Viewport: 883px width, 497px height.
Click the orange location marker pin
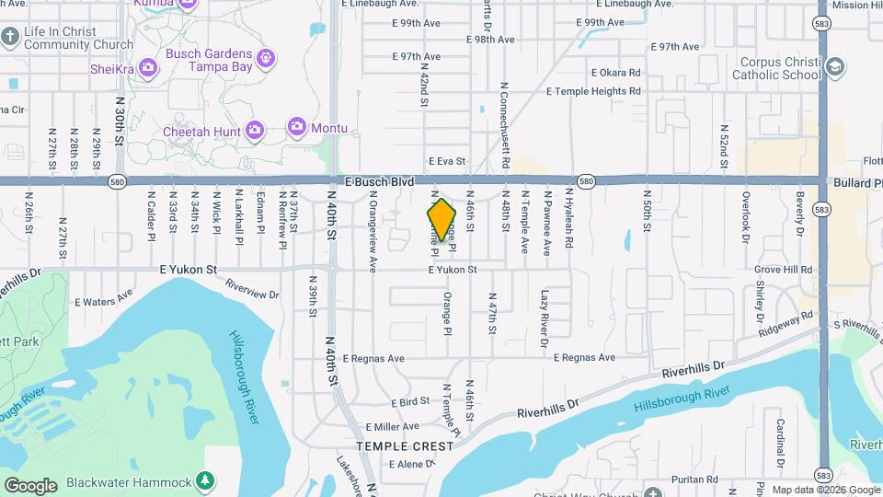[x=441, y=220]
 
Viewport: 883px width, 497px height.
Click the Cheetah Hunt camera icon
[x=256, y=131]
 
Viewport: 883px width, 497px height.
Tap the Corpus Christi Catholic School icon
[x=834, y=66]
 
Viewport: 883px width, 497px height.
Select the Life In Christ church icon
[x=10, y=38]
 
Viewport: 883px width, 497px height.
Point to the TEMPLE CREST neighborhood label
[x=405, y=445]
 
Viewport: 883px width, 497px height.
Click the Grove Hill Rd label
[x=783, y=271]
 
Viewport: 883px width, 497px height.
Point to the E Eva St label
[x=447, y=161]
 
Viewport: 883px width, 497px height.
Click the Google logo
[x=30, y=485]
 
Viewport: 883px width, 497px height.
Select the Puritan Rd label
[x=715, y=480]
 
